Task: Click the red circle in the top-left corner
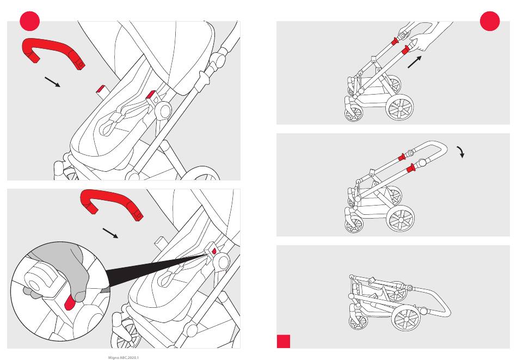[x=30, y=21]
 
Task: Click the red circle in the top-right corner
[x=490, y=21]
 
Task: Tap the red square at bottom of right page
[x=284, y=341]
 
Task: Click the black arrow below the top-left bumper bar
[x=52, y=82]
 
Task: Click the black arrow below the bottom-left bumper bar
[x=110, y=233]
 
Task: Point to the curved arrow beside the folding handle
[x=461, y=152]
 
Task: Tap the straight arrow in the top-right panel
[x=415, y=62]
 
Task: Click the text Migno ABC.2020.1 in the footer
[x=124, y=358]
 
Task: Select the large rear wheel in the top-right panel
[x=399, y=108]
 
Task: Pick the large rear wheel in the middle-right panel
[x=401, y=219]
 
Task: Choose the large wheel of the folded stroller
[x=407, y=318]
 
